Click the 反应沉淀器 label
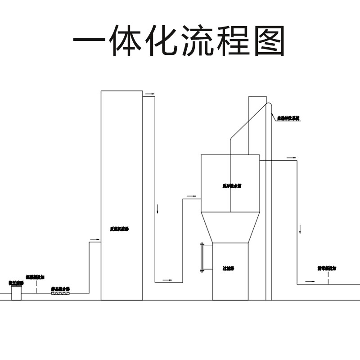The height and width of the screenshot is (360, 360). (x=119, y=229)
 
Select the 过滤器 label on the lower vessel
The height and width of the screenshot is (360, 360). (x=228, y=269)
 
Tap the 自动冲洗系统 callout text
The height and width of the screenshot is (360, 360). (x=288, y=118)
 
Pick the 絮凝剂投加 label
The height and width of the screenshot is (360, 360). (x=35, y=277)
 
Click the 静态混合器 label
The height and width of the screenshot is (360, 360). (x=60, y=288)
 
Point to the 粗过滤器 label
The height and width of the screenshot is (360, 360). (x=16, y=283)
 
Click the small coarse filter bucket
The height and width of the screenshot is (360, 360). (x=17, y=293)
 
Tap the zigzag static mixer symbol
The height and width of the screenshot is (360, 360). (x=61, y=293)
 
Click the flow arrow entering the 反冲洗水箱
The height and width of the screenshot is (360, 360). (x=191, y=196)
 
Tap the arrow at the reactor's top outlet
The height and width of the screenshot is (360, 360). (x=149, y=94)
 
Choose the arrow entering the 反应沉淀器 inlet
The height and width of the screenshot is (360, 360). (x=94, y=239)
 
